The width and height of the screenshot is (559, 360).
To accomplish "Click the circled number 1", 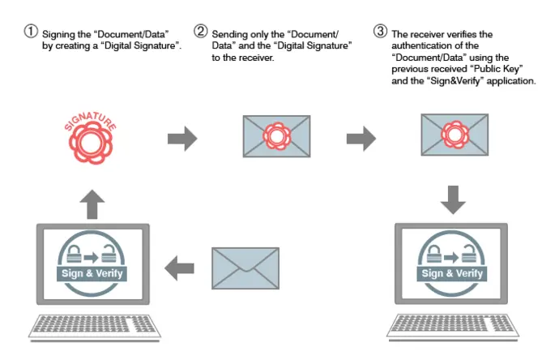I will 31,32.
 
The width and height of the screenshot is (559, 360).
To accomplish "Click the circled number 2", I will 200,32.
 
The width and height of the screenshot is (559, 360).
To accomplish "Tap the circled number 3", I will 380,32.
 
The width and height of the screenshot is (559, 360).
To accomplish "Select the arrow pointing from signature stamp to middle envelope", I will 182,138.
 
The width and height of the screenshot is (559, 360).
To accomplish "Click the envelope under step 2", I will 276,135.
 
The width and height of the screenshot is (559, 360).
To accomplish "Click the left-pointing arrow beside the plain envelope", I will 180,265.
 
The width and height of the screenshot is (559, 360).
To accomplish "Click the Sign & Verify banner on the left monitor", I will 92,272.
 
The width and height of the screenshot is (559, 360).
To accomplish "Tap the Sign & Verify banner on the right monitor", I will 453,272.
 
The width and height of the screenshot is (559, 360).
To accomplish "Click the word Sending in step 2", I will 228,36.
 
